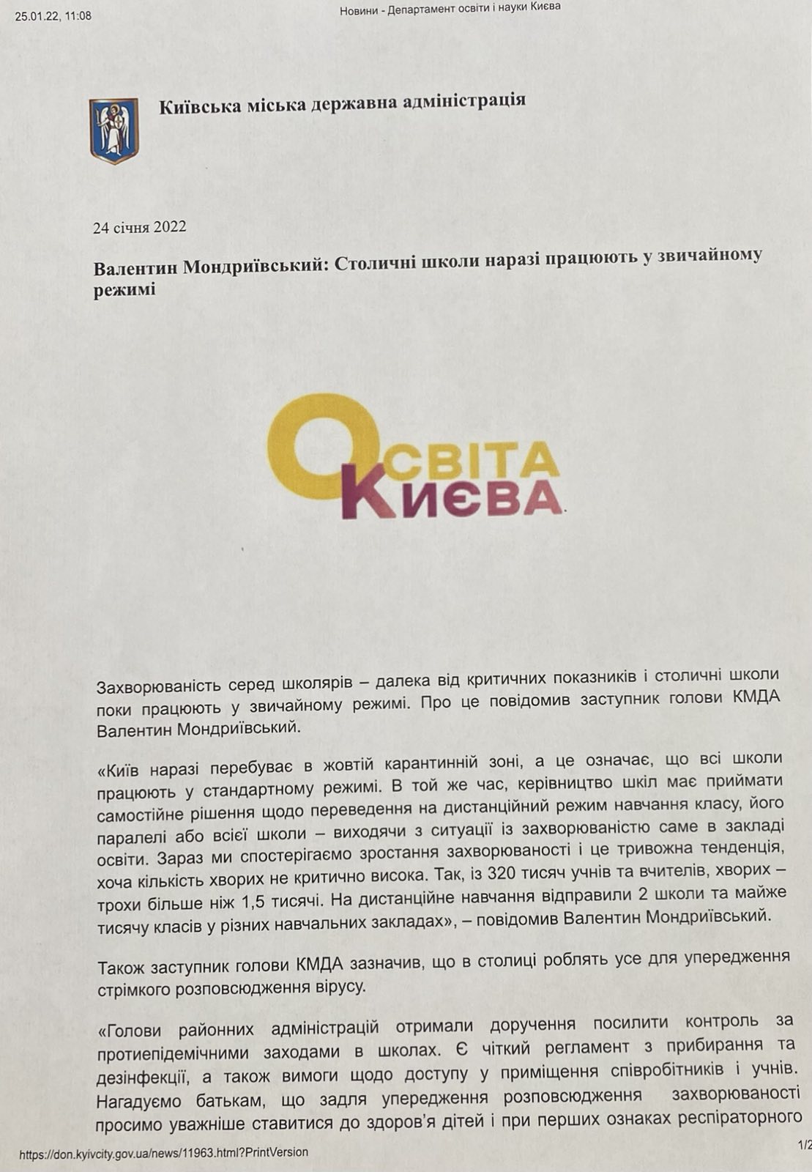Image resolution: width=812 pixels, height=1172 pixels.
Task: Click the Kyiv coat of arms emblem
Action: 114,131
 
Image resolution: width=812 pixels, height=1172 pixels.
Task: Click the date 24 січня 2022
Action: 140,226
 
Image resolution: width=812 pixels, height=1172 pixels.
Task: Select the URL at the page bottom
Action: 163,1152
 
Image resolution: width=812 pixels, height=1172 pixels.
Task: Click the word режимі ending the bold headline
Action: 125,289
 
